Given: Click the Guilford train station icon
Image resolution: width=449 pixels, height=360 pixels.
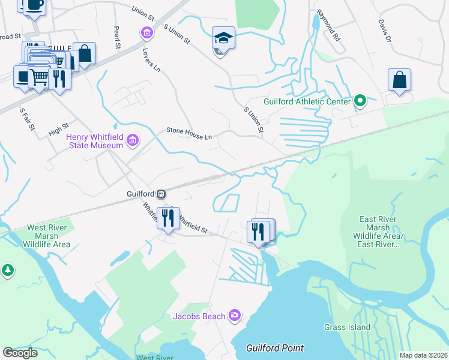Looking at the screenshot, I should coord(161,194).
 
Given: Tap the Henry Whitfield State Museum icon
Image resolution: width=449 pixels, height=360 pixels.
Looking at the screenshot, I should coord(133,142).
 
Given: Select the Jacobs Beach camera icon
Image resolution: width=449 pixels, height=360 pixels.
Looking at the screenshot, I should coord(234,315).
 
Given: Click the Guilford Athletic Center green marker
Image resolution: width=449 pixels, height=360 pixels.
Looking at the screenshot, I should coord(360,101).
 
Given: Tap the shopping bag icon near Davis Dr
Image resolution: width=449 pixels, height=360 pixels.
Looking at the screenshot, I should coord(399,80).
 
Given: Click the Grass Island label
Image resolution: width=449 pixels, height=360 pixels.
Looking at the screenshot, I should coord(347,327).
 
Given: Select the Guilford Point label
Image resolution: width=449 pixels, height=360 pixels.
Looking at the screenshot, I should coord(275,348).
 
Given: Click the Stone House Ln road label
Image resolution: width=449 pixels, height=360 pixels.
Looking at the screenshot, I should coord(189,133).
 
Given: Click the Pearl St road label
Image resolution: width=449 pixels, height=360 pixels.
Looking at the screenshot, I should coord(117,38).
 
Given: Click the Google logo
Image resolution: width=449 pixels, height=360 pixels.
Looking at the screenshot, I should coord(20,353).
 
